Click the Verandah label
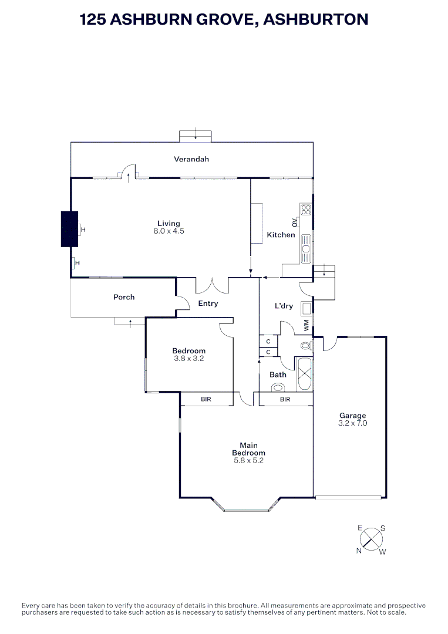pos(191,159)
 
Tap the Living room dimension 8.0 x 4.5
pos(169,231)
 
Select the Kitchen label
pos(281,235)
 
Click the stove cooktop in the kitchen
pos(305,209)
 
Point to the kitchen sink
pos(305,249)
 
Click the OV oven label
pos(294,222)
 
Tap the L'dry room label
pos(284,306)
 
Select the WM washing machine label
pos(306,324)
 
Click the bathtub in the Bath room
pos(305,373)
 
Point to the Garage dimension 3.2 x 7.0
pos(352,423)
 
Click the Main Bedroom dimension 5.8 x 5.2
pos(248,461)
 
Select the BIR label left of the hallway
pos(206,400)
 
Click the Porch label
pos(124,297)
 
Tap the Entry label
pos(208,303)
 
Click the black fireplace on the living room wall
pos(69,229)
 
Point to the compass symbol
pos(371,538)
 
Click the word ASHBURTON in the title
pos(316,19)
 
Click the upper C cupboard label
pos(268,341)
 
